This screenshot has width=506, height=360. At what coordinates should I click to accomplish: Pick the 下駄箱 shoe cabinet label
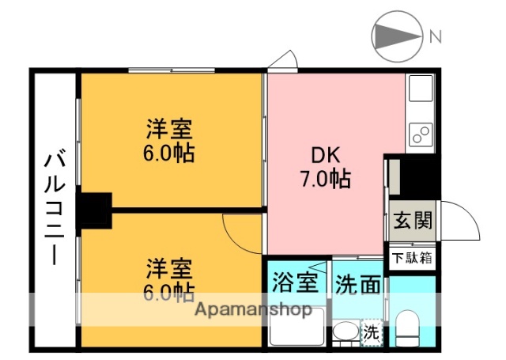point(412,257)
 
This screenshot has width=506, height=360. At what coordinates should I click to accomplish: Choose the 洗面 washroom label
point(358,282)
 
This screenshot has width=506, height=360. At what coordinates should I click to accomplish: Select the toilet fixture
point(409,328)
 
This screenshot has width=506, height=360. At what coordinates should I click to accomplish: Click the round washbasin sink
point(345,332)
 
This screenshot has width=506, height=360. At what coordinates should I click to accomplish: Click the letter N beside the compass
point(435,36)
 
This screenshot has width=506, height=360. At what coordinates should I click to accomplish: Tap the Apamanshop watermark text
point(252,310)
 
